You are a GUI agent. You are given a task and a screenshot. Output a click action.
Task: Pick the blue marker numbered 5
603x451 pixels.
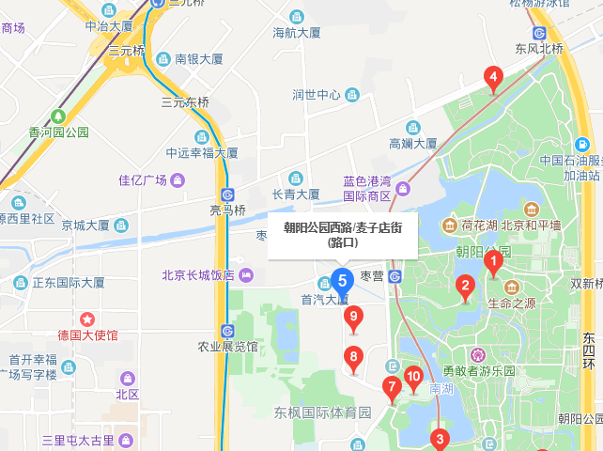[342, 280]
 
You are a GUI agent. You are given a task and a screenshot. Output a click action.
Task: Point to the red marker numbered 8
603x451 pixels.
[353, 357]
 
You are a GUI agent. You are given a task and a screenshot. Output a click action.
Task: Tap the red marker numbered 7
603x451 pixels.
[392, 386]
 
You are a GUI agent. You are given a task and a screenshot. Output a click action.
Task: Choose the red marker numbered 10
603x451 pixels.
[413, 379]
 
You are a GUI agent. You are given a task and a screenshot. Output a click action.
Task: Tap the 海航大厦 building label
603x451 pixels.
[297, 33]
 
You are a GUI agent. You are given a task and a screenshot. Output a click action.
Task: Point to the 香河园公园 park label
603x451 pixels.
[58, 132]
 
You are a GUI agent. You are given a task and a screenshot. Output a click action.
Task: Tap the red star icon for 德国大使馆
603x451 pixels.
[87, 319]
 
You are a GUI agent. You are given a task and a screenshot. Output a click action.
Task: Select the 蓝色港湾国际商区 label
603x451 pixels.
[366, 189]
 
